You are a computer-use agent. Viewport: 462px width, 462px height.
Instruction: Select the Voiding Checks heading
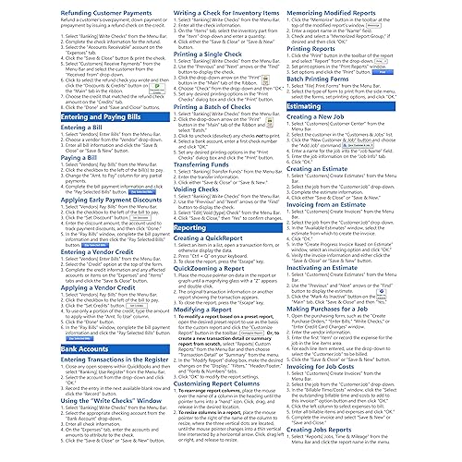click(188, 215)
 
